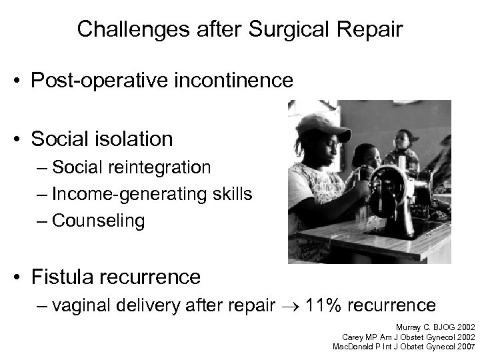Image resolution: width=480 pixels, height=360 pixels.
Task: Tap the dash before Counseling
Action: pyautogui.click(x=43, y=221)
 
